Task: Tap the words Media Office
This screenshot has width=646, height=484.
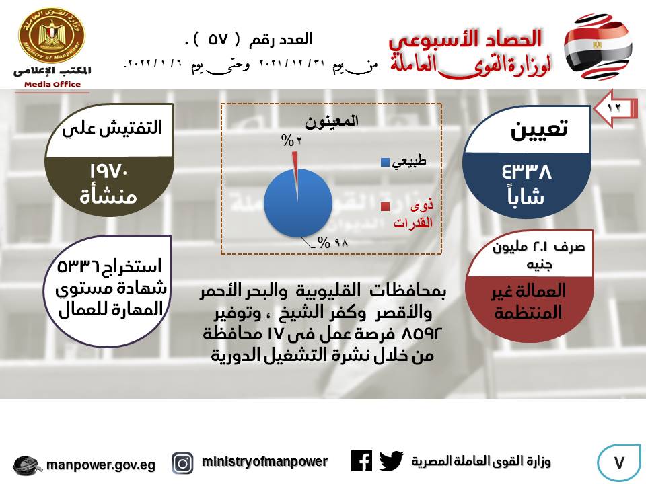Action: click(x=52, y=85)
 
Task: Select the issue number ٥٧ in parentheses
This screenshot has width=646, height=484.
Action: click(x=217, y=40)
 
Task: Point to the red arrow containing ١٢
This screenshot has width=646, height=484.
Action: click(x=615, y=108)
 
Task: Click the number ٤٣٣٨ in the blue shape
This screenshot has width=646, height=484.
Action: click(x=526, y=171)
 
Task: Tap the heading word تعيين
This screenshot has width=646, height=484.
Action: click(x=539, y=130)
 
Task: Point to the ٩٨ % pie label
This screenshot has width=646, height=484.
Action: click(x=333, y=243)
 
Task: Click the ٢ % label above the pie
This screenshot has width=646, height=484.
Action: click(x=291, y=140)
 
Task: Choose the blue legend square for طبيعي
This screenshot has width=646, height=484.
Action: click(x=385, y=162)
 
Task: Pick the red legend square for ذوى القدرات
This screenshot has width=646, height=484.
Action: click(x=385, y=206)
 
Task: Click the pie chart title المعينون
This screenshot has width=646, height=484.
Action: click(x=332, y=121)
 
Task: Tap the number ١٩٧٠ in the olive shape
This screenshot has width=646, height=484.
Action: click(x=109, y=171)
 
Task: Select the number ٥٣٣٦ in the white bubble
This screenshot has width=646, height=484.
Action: click(x=78, y=267)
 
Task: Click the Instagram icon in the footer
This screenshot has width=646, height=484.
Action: click(x=182, y=463)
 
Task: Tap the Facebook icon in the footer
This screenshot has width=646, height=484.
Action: click(x=362, y=461)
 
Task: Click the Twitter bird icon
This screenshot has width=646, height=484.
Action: click(x=391, y=461)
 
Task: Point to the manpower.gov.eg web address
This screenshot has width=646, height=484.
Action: click(x=101, y=465)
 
